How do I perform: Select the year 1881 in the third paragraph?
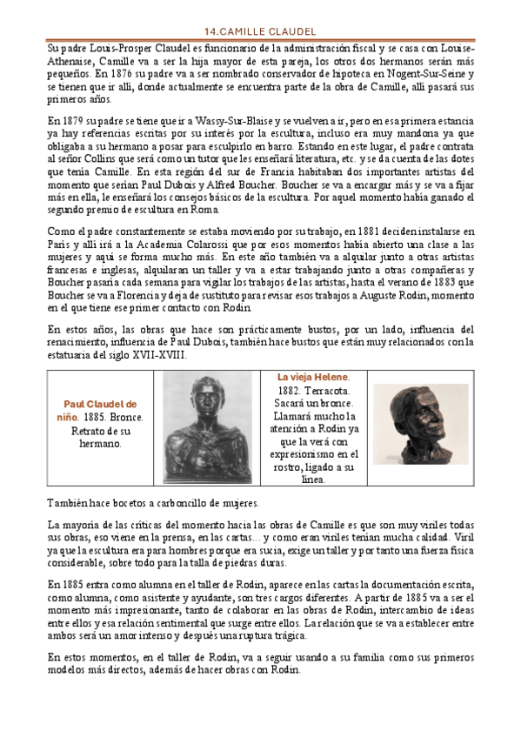point(353,231)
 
